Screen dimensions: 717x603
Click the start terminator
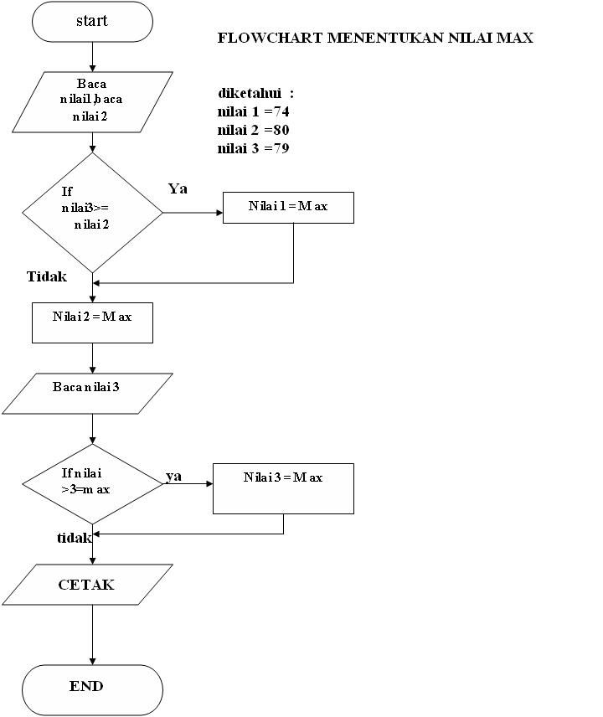coord(92,22)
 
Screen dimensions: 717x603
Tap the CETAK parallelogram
coord(87,585)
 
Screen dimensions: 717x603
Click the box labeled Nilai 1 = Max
coord(288,208)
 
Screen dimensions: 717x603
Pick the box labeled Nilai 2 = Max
coord(92,322)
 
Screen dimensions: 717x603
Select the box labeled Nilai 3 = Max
coord(283,488)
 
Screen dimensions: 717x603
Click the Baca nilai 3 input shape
coord(87,394)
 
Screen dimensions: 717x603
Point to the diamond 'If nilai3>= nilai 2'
coord(92,212)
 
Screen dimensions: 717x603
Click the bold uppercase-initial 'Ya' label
coord(178,188)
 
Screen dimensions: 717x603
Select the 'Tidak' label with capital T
coord(47,276)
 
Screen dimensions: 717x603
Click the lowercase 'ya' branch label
coord(173,476)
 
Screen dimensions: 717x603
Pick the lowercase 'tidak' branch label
coord(74,538)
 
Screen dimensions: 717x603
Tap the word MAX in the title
coord(516,39)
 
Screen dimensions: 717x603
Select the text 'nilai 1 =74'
coord(254,111)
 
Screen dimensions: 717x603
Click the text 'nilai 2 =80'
coord(254,130)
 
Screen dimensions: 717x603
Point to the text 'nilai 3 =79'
coord(254,148)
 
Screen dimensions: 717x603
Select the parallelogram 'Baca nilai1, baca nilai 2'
coord(92,101)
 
